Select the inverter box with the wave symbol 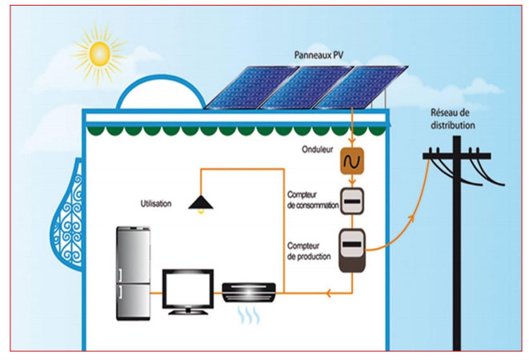coord(351,162)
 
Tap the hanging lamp coord(200,206)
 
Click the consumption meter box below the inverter coord(351,201)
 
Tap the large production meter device coord(351,250)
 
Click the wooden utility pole coord(457,256)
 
